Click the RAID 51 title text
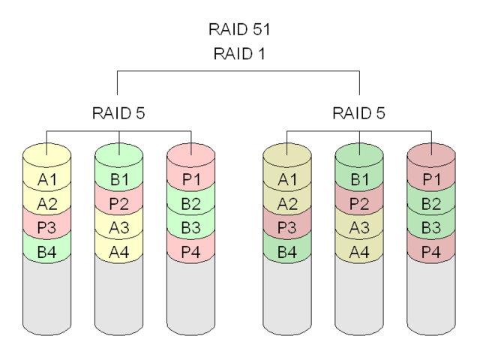pos(239,30)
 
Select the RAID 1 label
pos(239,53)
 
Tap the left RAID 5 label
pos(118,113)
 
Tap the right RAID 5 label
pos(359,113)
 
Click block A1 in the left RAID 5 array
pos(46,179)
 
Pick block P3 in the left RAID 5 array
pos(46,227)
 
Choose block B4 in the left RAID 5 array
pos(46,252)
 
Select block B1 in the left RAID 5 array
pos(118,179)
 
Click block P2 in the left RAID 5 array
pos(118,203)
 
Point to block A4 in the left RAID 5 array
pos(118,252)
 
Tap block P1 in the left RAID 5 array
pos(190,179)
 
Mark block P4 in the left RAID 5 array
pos(190,252)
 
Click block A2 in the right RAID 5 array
pos(287,203)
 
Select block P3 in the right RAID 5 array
pos(287,227)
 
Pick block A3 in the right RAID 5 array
pos(359,227)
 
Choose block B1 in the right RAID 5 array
pos(359,179)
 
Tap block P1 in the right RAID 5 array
pos(431,179)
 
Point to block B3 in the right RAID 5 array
pos(431,227)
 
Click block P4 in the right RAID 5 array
pos(431,252)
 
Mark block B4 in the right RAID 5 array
pos(287,252)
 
